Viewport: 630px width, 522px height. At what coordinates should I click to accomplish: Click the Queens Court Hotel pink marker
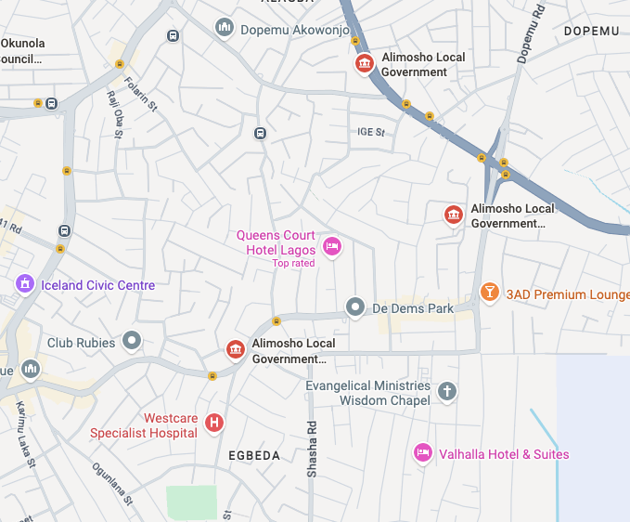coord(332,246)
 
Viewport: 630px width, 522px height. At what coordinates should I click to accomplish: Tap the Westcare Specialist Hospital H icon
coord(214,424)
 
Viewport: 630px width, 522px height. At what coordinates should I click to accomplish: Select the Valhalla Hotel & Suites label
coord(504,454)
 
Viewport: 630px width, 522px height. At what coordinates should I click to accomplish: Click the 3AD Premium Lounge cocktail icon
coord(489,294)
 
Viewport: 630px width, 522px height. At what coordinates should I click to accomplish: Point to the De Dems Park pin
coord(354,307)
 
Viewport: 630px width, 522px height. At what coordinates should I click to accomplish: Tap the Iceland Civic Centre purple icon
coord(25,284)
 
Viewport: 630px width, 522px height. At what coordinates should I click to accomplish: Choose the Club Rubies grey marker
coord(133,341)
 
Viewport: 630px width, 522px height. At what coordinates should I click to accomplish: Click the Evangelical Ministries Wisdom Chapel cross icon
coord(447,391)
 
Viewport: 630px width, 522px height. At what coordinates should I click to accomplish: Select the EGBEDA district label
coord(254,456)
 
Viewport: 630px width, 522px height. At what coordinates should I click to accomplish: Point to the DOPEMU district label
coord(591,32)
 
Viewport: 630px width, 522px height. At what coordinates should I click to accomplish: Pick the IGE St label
coord(371,132)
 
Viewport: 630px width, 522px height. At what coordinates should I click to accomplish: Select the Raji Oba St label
coord(116,113)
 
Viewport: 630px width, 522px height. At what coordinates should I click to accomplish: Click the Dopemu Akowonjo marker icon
coord(224,28)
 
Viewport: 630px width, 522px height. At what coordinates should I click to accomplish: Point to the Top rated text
coord(293,263)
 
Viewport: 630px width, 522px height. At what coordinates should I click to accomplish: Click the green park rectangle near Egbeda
coord(191,502)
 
